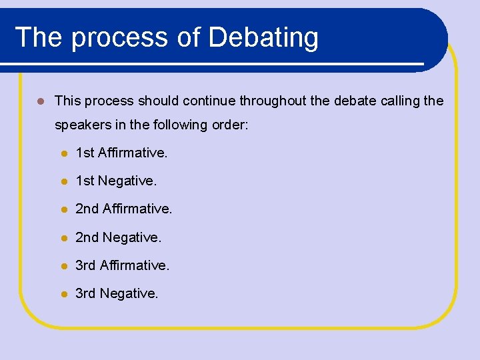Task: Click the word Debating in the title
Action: [263, 37]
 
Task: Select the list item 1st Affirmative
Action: [121, 153]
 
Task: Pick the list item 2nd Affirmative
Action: [123, 209]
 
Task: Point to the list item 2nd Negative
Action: [119, 237]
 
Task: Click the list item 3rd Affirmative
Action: [123, 265]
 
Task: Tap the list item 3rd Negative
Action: [117, 293]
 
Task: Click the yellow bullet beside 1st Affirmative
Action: [63, 153]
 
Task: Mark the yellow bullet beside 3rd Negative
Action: [63, 293]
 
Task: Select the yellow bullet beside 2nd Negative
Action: [63, 237]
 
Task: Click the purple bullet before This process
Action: [40, 101]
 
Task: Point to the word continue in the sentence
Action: [209, 101]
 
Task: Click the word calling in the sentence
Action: [397, 101]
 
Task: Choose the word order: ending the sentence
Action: [230, 125]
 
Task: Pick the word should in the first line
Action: [158, 101]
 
